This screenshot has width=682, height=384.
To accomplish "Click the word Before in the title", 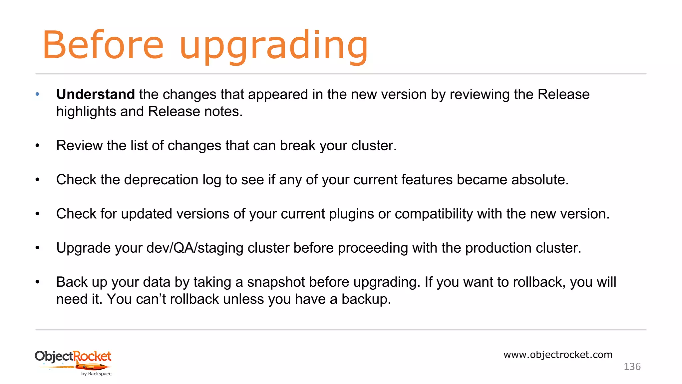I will click(x=103, y=45).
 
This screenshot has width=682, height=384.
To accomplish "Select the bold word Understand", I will click(x=95, y=94).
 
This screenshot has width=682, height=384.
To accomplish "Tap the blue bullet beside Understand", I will click(x=38, y=94).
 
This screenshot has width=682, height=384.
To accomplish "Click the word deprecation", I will click(x=161, y=180).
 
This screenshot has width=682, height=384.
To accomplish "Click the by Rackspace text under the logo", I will click(x=97, y=374).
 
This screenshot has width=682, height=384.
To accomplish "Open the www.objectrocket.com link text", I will click(x=558, y=355).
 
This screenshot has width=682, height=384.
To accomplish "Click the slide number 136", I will click(x=632, y=367).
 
